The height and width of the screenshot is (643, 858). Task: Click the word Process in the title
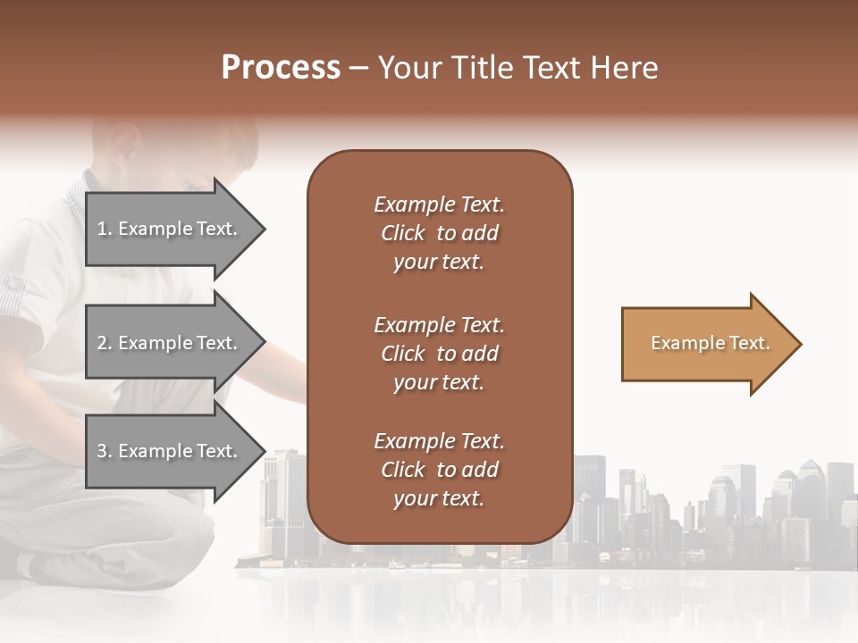pos(281,68)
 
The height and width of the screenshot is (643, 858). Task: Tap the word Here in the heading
pos(621,68)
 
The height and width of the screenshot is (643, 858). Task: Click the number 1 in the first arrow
pos(102,229)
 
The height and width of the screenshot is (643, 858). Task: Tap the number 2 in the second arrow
pos(102,343)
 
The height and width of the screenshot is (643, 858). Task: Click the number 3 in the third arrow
pos(102,451)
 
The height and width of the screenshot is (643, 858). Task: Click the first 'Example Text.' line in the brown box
pos(439,205)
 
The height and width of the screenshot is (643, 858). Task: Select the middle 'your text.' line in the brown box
pos(439,382)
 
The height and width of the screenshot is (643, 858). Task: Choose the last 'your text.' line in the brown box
pos(439,499)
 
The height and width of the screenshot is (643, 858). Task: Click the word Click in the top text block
pos(403,233)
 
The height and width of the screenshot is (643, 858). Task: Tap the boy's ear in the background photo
pos(125,143)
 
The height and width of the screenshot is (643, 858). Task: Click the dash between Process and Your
pos(358,69)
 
